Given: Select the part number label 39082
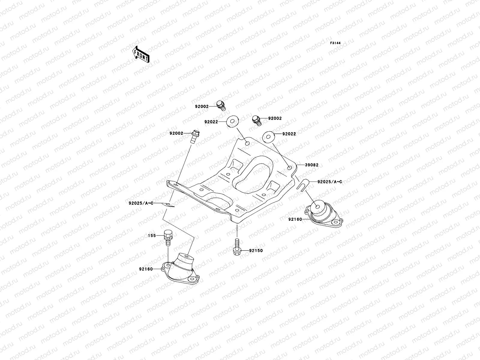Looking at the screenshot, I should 312,165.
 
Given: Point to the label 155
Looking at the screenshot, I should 152,236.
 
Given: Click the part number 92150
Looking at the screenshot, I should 256,250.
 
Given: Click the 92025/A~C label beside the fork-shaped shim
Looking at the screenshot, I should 326,182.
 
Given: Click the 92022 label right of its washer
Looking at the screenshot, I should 289,134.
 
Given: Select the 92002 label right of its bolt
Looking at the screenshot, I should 275,118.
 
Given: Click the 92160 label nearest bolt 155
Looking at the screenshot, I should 146,269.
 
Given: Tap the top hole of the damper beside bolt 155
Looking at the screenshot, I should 186,256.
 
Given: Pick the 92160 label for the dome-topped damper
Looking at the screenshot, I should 296,219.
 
